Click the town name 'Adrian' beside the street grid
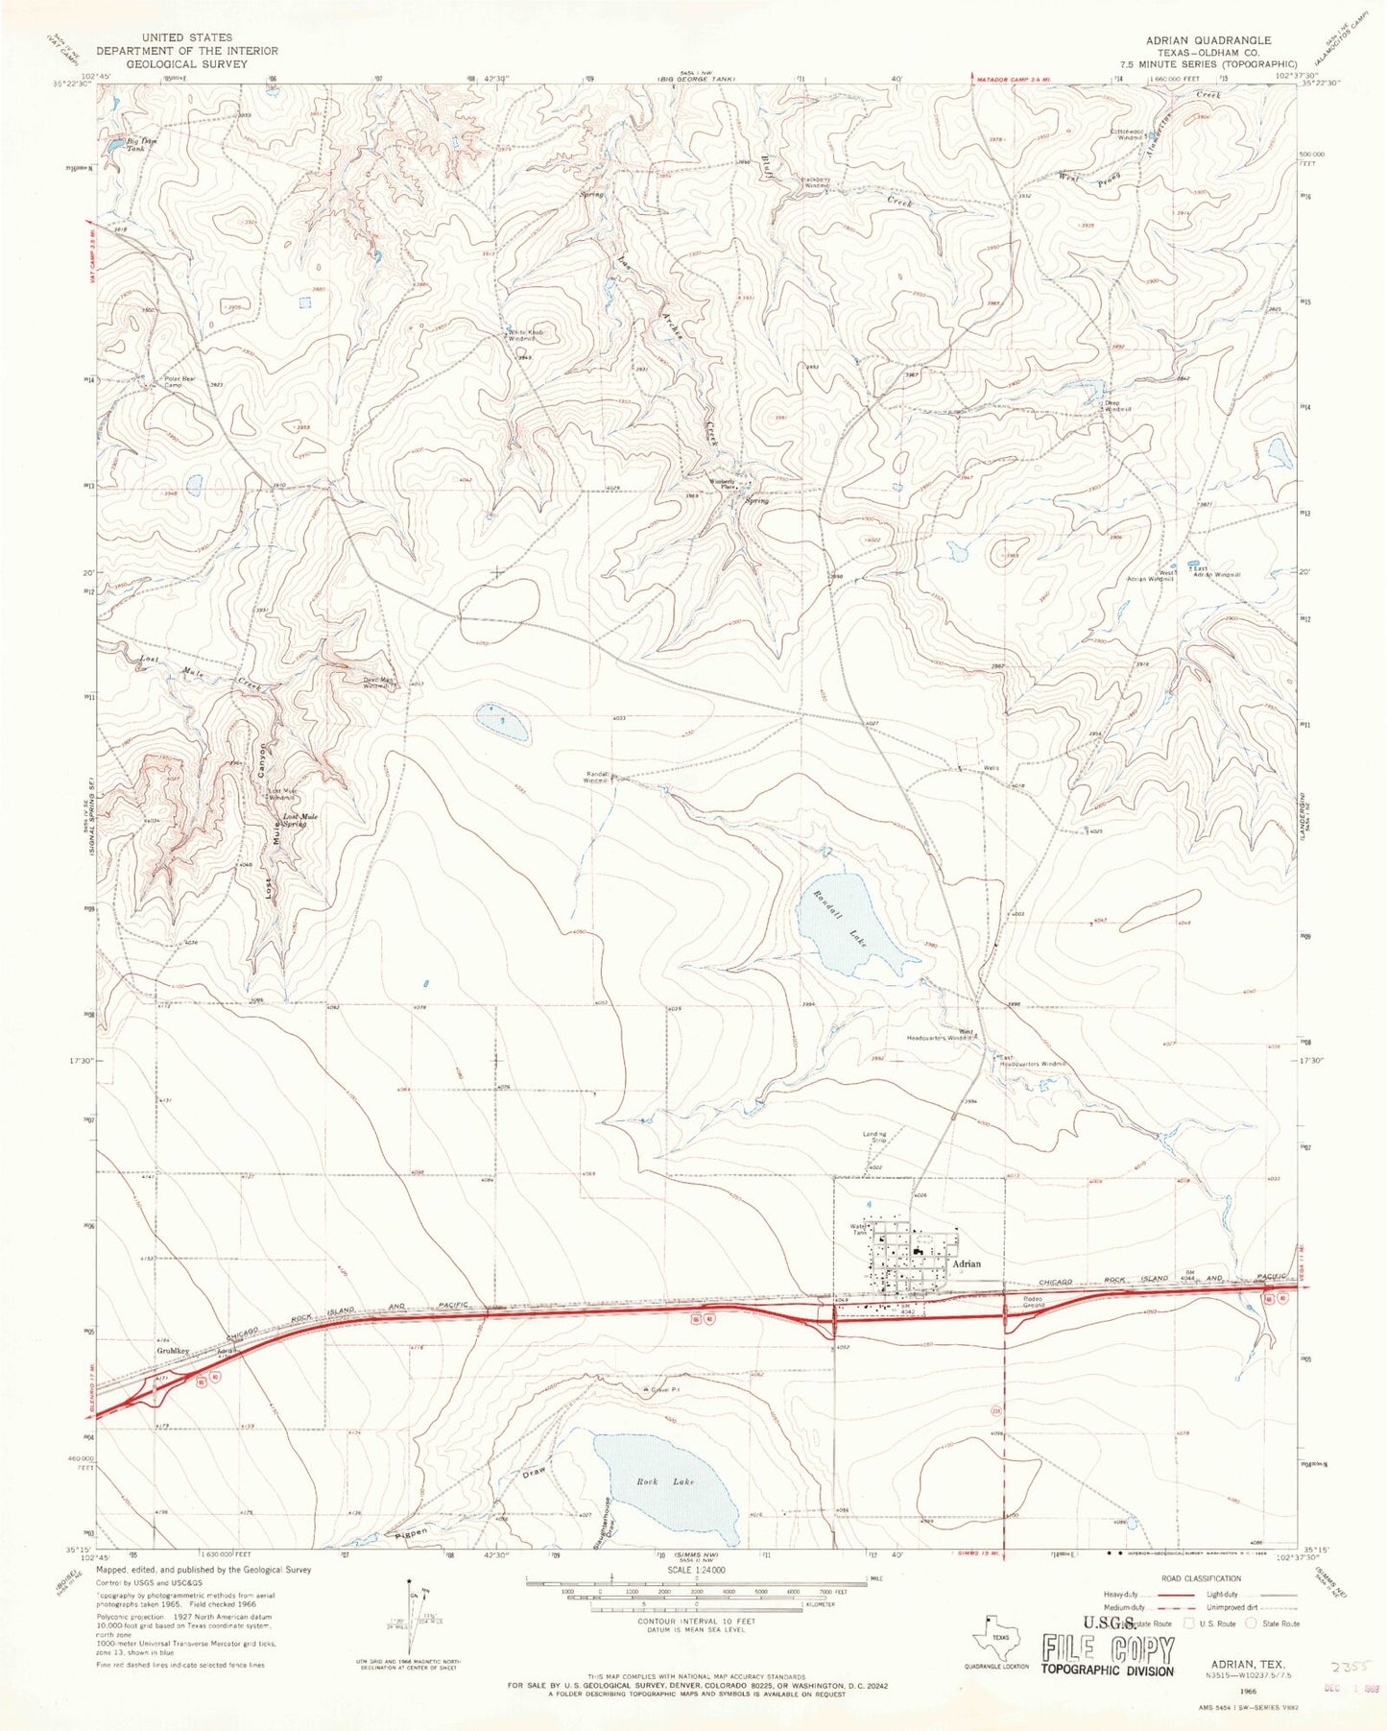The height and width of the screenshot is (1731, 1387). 968,1264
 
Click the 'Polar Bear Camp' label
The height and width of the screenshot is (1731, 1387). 166,381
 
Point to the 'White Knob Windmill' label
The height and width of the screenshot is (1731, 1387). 526,335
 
